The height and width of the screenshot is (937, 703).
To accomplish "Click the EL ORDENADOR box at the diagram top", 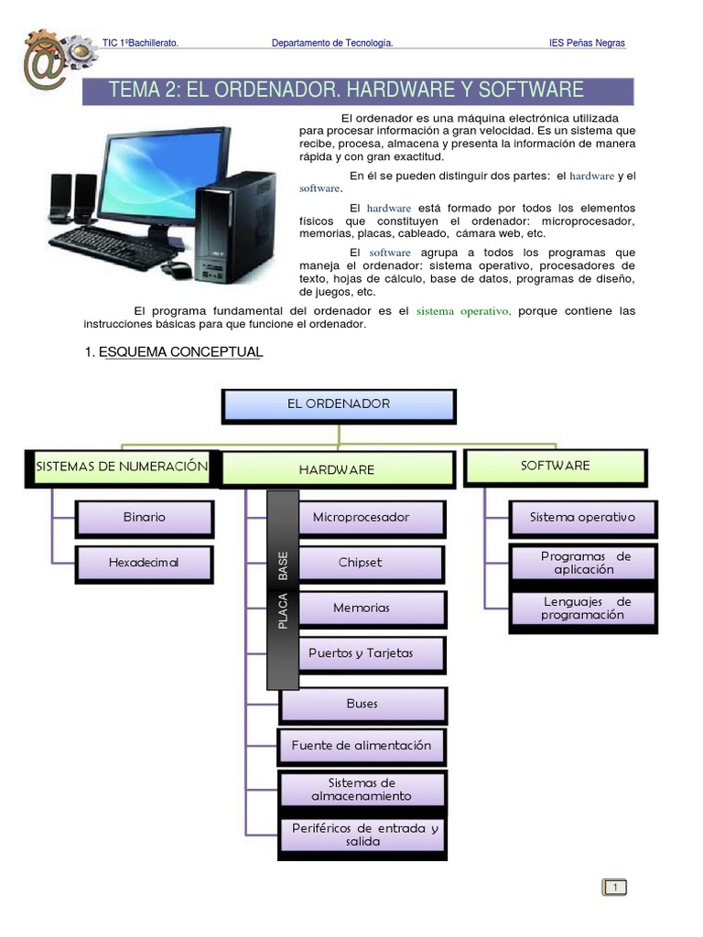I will click(338, 404).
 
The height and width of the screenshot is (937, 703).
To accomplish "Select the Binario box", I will click(144, 517).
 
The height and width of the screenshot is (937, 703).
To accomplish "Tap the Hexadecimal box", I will click(144, 563).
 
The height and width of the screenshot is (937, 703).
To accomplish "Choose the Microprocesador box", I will click(361, 517).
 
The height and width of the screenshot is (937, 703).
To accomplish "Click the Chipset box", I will click(361, 563).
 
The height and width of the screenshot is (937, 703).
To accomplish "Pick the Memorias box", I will click(361, 608).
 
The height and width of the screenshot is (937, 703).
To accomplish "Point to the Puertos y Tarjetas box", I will click(361, 653).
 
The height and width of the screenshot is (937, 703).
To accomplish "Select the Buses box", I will click(362, 704).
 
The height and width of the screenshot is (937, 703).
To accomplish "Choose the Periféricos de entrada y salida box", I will click(363, 835).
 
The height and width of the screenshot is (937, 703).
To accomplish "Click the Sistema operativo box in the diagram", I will click(582, 517).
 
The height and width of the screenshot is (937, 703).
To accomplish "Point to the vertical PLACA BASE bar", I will click(283, 590).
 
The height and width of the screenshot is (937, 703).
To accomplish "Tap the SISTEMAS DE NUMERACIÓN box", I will click(121, 467).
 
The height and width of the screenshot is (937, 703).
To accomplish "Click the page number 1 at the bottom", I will click(615, 887).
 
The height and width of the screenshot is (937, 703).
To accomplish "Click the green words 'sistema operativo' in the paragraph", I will click(463, 311).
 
